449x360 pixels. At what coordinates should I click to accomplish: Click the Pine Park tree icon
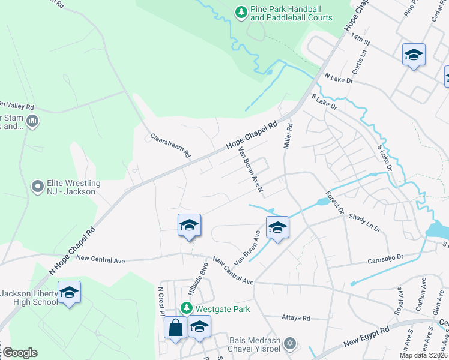click(241, 12)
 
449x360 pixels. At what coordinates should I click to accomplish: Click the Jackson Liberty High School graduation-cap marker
click(69, 293)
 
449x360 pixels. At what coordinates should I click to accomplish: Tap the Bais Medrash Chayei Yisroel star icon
click(290, 343)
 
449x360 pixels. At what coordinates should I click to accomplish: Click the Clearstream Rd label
click(170, 145)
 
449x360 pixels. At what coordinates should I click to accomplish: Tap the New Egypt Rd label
click(367, 338)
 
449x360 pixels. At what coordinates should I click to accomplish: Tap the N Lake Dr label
click(340, 77)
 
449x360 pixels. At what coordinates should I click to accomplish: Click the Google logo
click(20, 353)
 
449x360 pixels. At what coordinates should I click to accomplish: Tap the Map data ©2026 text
click(423, 355)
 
